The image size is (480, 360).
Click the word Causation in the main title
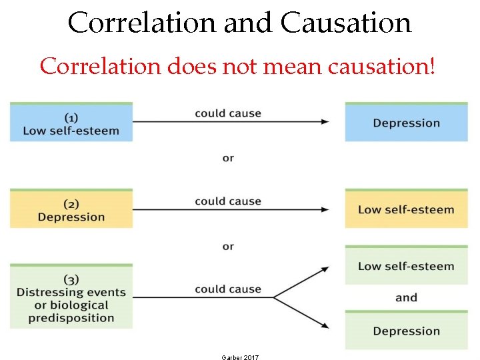point(346,23)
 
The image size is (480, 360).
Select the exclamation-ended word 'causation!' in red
point(379,66)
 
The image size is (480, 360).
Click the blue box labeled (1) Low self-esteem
point(71,123)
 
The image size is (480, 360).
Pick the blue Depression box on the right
point(406,123)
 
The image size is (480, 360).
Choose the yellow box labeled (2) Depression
point(71,209)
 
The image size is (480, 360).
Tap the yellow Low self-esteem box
point(406,209)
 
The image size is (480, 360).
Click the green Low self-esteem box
point(406,266)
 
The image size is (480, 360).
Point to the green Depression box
point(406,331)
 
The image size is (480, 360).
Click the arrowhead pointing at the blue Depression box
point(325,121)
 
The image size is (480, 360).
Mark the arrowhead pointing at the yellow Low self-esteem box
point(325,209)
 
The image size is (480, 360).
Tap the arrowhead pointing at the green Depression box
point(325,325)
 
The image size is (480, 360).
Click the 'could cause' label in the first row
point(228,113)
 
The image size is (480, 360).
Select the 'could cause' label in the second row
point(228,201)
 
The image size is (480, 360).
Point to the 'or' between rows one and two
point(228,158)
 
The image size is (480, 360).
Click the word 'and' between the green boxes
point(406,297)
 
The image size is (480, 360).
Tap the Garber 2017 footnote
point(240,357)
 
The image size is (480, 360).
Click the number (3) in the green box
point(71,279)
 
